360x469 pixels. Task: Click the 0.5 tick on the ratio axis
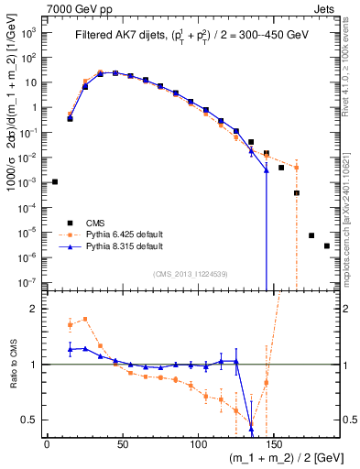point(29,420)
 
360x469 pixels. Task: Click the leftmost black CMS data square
point(55,181)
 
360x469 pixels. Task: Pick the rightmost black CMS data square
point(327,245)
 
